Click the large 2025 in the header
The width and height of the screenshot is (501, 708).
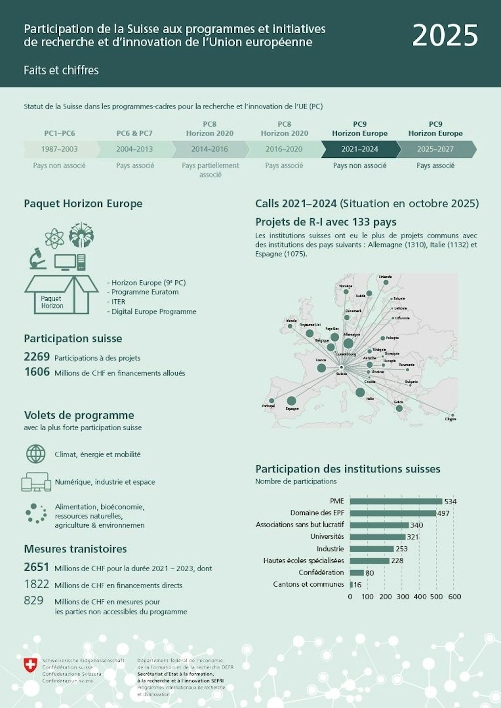tap(445, 36)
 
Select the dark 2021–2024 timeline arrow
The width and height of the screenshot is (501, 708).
tap(360, 149)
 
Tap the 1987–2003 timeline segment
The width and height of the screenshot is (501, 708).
tap(59, 149)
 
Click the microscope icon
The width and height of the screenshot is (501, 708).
tap(37, 259)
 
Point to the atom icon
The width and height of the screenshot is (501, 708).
tap(54, 239)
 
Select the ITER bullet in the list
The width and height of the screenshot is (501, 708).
tap(118, 302)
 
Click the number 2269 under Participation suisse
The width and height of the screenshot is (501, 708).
tap(37, 357)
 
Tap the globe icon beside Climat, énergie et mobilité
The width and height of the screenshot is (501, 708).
tap(36, 454)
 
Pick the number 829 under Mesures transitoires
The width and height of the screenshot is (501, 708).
tap(34, 600)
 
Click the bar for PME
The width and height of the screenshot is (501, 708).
tap(396, 501)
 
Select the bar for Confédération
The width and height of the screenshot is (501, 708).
tap(357, 573)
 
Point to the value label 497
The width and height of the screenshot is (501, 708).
tap(443, 513)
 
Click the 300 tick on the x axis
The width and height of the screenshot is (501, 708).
tap(403, 597)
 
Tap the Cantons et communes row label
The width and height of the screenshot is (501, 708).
tap(308, 584)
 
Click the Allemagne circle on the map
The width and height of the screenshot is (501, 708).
tap(348, 344)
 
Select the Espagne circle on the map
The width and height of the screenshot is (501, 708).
tap(291, 401)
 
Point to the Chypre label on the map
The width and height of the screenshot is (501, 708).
tap(451, 419)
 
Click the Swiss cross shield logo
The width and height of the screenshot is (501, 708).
tap(31, 664)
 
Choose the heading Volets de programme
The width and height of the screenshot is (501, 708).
tap(79, 415)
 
